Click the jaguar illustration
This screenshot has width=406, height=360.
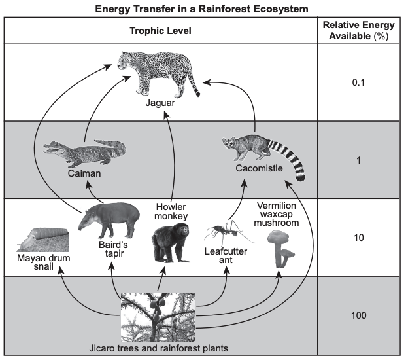point(158,74)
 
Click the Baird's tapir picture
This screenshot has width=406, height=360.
point(109,220)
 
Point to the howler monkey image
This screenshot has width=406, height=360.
point(171,243)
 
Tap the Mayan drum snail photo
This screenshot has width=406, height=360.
point(43,240)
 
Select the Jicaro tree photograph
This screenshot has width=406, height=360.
point(158,317)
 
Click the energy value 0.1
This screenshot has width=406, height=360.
point(358,82)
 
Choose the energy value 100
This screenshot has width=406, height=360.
point(359,315)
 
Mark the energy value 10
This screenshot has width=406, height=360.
point(359,238)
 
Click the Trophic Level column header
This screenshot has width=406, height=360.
point(161,31)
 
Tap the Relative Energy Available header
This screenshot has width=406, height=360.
point(359,30)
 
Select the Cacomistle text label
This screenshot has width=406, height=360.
point(259,168)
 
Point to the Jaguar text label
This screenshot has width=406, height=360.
point(160,103)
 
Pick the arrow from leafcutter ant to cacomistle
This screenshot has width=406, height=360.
point(240,199)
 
